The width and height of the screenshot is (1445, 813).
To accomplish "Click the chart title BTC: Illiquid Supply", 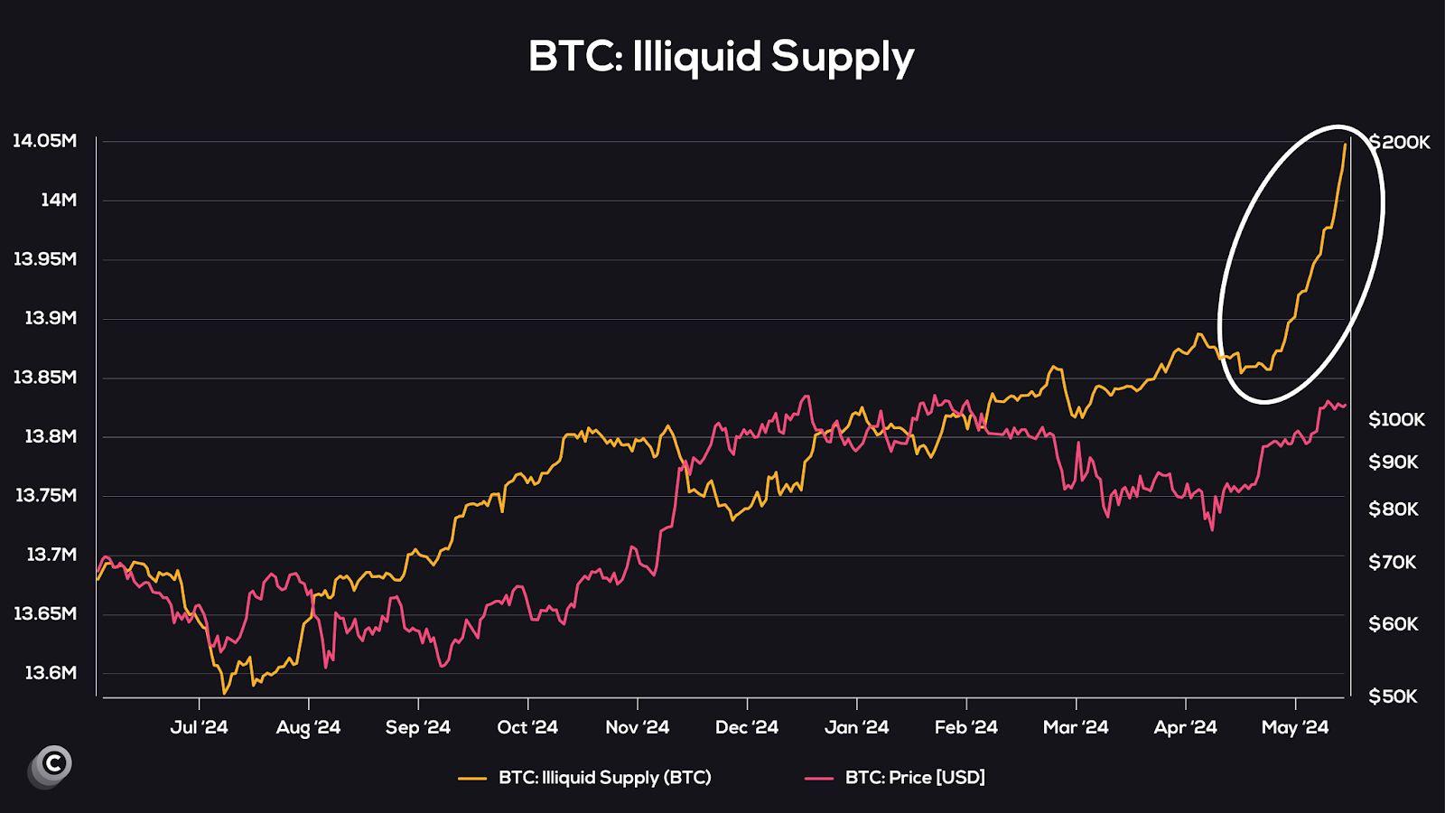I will coord(721,57).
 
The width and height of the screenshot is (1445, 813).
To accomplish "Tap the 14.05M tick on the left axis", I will coord(44,141).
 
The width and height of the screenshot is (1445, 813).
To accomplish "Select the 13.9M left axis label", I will coord(51,318).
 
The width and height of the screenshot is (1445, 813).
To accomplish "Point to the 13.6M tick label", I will coord(51,673).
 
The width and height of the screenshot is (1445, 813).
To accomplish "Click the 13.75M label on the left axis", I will coord(45,495).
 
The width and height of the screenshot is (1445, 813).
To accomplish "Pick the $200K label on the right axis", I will coord(1400,143).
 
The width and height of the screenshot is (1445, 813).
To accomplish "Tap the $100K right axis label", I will coord(1396,419).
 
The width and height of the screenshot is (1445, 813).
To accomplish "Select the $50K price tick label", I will coord(1393,696).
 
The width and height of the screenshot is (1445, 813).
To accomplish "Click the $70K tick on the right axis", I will coord(1393,562).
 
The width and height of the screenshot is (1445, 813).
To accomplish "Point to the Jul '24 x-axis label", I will coord(199,727).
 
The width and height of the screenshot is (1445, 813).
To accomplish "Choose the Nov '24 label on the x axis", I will coord(637,727).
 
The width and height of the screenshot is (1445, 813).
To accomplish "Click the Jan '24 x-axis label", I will coord(856,727).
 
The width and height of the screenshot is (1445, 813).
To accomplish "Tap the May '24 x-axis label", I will coord(1294,727).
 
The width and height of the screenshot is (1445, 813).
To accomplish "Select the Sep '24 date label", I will coord(417,727).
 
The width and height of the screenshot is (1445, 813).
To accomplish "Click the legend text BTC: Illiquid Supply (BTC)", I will coord(604,777).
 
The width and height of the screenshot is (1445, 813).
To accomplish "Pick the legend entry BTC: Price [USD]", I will coord(915,777).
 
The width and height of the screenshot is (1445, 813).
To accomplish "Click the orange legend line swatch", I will coord(472,778).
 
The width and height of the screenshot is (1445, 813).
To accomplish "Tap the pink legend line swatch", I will coord(818,778).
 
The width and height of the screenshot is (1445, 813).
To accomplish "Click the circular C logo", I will coord(52,764).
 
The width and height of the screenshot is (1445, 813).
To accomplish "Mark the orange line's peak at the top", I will coord(1345,145).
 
